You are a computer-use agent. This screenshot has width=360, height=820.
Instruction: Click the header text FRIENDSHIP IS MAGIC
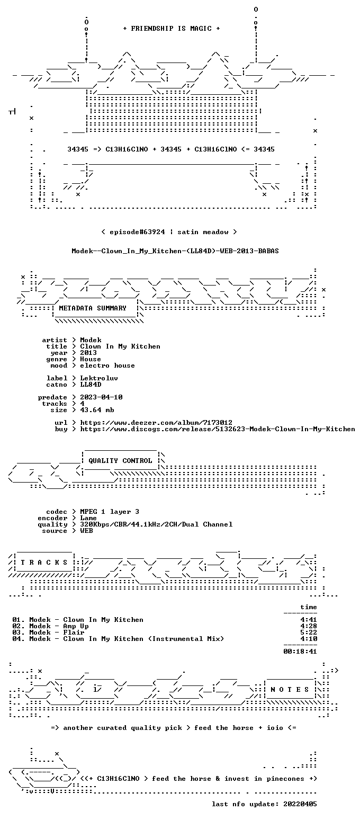171,29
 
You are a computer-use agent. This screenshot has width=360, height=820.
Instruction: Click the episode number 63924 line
169,232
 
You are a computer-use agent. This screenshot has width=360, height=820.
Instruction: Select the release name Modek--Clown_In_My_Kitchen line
175,251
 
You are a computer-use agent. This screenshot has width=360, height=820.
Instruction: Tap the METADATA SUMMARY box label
93,308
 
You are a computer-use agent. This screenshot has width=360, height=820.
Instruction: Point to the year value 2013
88,353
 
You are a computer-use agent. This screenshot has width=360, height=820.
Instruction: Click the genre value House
91,359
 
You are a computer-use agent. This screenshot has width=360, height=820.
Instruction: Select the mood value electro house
107,366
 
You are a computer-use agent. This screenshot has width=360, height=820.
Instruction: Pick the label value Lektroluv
99,378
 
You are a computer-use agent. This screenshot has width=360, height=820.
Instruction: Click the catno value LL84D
91,385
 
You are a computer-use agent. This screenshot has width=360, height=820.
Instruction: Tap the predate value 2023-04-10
101,397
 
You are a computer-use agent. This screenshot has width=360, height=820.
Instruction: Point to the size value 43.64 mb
97,410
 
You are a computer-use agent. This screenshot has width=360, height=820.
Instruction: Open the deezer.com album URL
156,423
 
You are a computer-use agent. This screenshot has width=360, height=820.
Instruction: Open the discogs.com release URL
218,429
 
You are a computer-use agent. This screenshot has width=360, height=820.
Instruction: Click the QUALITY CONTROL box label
120,461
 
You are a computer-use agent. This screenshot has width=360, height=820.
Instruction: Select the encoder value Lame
88,519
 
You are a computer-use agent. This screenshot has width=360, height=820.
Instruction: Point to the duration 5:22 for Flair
309,632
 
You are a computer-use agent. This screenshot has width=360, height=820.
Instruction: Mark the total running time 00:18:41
300,652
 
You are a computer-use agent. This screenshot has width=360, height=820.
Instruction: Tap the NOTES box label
290,690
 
